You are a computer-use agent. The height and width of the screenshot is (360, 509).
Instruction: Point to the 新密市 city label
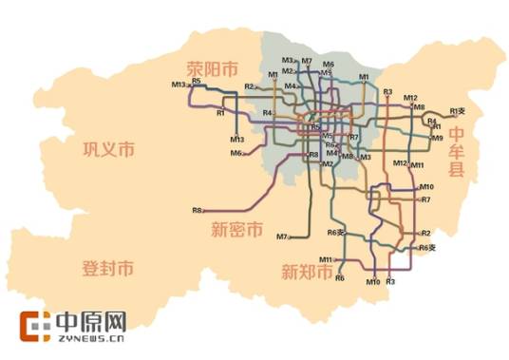[237, 230]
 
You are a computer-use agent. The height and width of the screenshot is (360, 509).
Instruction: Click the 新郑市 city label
[306, 273]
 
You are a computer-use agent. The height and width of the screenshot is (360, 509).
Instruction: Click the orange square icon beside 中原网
[37, 325]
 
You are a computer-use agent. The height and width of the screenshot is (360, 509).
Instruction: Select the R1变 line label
[459, 110]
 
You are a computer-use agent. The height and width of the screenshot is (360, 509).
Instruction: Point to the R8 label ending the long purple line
[197, 210]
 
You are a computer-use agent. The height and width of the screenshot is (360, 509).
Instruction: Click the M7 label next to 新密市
[282, 236]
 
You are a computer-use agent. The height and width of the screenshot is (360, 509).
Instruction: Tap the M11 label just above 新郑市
[326, 258]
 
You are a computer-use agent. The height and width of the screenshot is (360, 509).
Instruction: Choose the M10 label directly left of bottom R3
[372, 282]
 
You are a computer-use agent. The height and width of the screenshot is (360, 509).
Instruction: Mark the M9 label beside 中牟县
[437, 139]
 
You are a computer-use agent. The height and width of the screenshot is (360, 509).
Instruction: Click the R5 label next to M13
[197, 82]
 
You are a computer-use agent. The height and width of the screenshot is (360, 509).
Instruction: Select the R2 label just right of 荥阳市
[250, 86]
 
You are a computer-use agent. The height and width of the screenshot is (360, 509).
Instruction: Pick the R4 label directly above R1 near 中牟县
[432, 121]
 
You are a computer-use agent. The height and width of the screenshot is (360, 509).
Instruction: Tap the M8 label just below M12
[419, 107]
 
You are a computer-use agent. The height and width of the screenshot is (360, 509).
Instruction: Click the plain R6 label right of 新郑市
[339, 278]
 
